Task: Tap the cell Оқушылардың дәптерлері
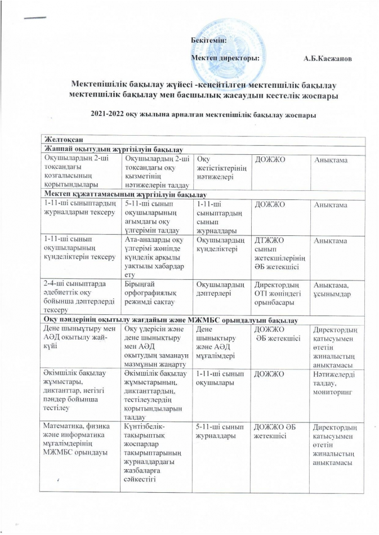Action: pyautogui.click(x=220, y=288)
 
